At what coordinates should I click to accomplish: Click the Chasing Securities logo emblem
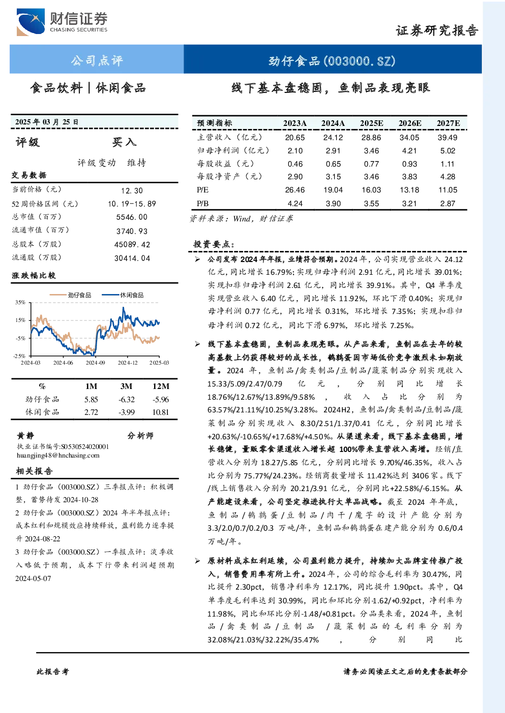pos(31,22)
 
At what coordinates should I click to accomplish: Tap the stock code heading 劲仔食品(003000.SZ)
pos(332,60)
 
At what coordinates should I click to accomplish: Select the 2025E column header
pos(371,123)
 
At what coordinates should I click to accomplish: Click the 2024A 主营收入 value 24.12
pos(333,138)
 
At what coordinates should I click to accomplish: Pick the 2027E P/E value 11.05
pos(448,190)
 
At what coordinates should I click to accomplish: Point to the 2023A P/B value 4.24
pos(295,204)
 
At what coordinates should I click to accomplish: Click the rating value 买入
pos(124,142)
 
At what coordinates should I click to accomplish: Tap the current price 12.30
pos(132,190)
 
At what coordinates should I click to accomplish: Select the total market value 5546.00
pos(132,217)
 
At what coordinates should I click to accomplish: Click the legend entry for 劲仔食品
pos(71,295)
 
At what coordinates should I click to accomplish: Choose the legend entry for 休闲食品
pos(123,295)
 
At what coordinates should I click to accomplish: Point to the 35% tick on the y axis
pos(20,302)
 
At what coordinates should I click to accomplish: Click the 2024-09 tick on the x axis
pos(95,363)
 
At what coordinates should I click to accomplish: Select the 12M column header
pos(161,386)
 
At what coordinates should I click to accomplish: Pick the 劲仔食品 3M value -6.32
pos(127,400)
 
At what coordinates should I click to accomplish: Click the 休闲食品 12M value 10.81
pos(160,412)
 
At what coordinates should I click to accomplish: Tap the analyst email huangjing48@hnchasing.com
pos(58,456)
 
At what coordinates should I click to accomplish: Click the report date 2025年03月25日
pos(47,122)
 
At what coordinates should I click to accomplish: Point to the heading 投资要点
pos(214,244)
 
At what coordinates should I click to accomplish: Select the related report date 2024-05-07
pos(33,578)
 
